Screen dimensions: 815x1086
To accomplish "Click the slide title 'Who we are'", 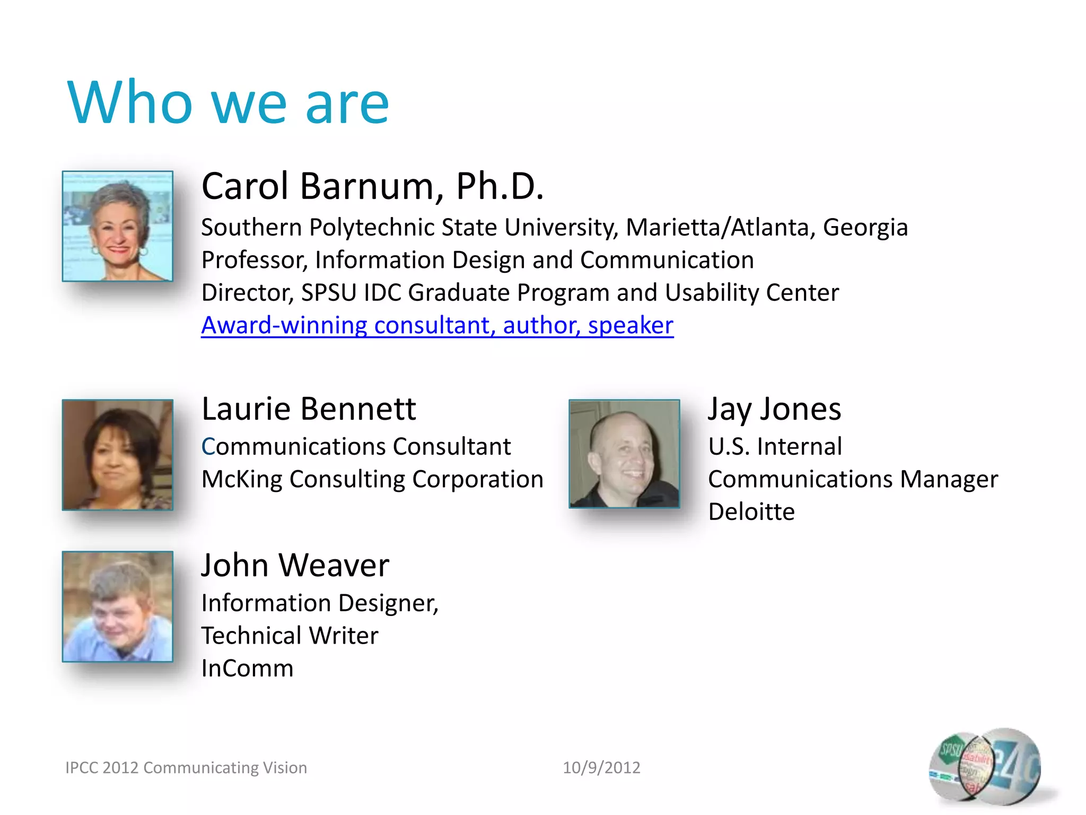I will [228, 102].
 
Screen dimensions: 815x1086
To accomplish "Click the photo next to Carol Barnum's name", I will [117, 226].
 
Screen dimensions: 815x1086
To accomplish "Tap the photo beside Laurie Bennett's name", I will [117, 455].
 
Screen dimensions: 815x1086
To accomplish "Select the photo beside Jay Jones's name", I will [624, 454].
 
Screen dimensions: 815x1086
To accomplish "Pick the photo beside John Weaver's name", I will [117, 606].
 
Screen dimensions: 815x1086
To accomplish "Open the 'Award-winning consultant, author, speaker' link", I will [437, 325].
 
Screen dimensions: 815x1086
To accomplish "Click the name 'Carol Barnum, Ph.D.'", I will [372, 186].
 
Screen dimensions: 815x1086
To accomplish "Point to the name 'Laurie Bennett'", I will [309, 409].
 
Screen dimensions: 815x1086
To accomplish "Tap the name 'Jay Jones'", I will [774, 409].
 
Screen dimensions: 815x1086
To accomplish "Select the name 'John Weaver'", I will [295, 565].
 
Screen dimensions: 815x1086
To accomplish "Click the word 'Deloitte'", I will [751, 512].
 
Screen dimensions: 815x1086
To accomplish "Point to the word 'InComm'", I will [247, 669].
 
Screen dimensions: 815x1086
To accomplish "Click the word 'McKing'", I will [242, 480].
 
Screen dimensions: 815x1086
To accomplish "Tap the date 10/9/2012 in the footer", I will [601, 768].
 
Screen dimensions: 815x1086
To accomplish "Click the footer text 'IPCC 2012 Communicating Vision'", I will [186, 768].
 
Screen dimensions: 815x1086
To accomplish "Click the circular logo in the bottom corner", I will [984, 765].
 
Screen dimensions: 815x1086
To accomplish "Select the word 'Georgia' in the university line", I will [865, 228].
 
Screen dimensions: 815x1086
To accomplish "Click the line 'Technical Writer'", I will [290, 636].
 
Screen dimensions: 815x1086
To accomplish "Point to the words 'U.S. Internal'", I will [775, 447].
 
